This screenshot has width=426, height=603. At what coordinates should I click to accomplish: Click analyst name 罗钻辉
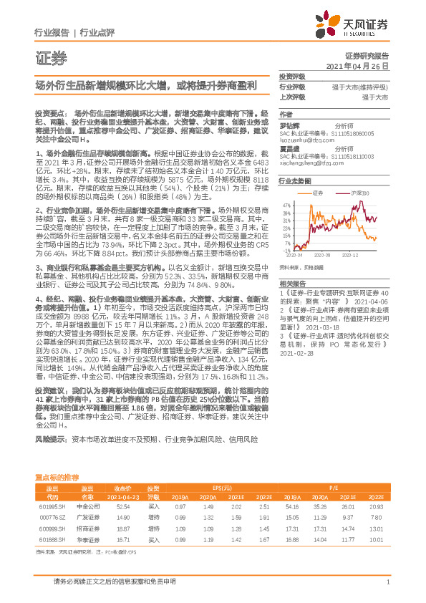(x=289, y=126)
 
